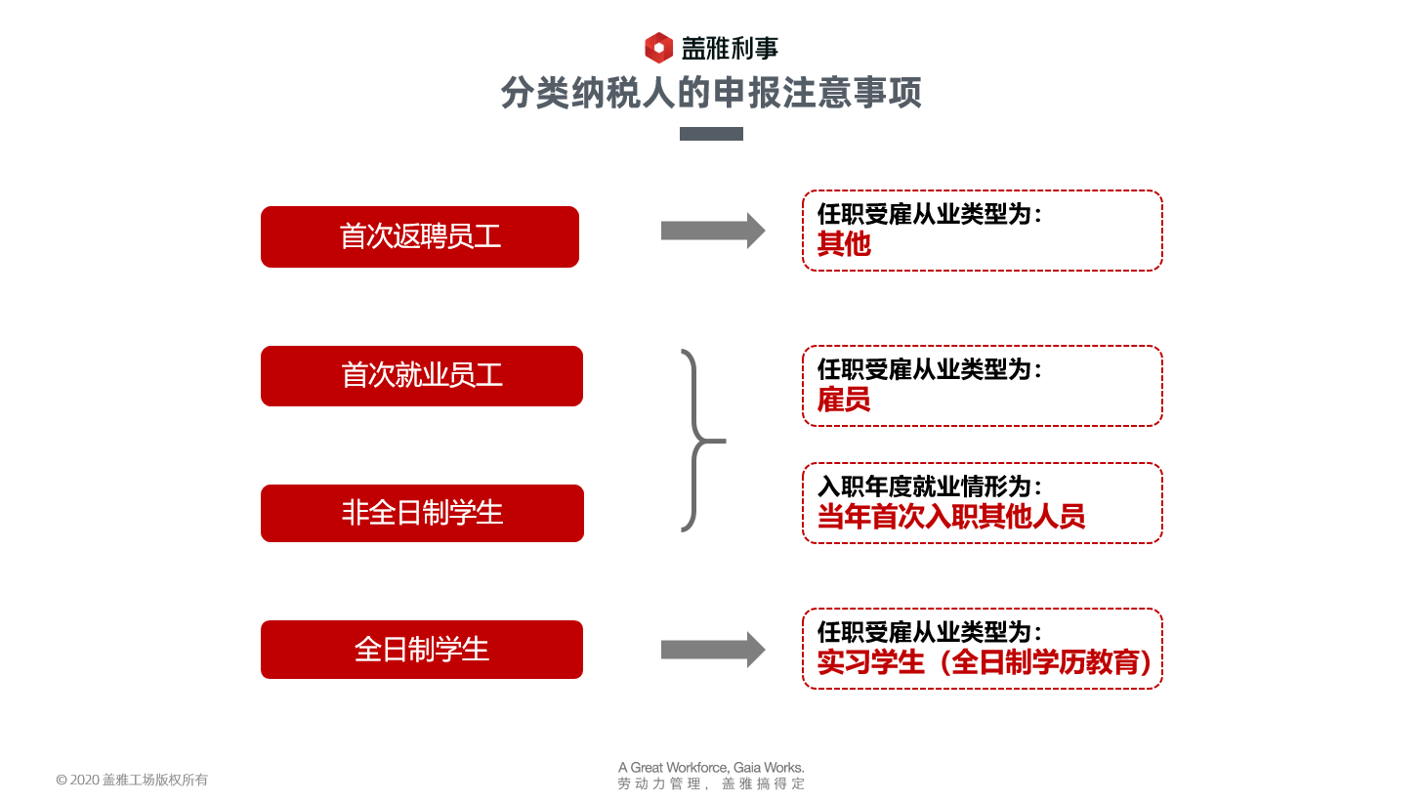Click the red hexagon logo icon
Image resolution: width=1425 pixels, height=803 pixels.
(x=658, y=47)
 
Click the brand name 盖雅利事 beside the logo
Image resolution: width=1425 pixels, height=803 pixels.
(x=730, y=48)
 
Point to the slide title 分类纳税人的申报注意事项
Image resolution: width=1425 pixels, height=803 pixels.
(x=711, y=93)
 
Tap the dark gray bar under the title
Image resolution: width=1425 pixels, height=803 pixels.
(x=711, y=134)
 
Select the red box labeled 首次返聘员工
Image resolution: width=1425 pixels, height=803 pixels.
(x=420, y=236)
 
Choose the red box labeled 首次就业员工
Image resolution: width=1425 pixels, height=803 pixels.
(x=422, y=376)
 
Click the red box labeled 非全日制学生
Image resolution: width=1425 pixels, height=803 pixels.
(x=422, y=513)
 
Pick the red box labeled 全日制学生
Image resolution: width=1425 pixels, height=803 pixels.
(x=422, y=650)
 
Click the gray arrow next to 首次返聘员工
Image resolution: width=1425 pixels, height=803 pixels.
(x=712, y=231)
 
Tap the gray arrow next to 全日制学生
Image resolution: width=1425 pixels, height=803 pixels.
(x=712, y=650)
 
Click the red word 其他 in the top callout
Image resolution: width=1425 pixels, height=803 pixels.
(x=844, y=244)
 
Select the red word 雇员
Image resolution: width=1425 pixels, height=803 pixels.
(x=844, y=400)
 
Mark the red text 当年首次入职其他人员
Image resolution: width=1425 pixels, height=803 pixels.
(x=950, y=517)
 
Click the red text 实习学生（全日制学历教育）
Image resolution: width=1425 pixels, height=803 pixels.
(x=985, y=662)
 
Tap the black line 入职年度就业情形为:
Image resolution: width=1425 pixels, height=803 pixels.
(x=929, y=486)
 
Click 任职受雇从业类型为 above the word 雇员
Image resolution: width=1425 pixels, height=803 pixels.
(x=929, y=369)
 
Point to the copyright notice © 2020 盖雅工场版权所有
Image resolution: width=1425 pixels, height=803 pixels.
(x=132, y=780)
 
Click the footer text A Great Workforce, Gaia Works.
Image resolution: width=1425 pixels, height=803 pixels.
(x=711, y=768)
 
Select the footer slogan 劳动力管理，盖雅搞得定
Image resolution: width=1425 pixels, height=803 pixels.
(x=711, y=783)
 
